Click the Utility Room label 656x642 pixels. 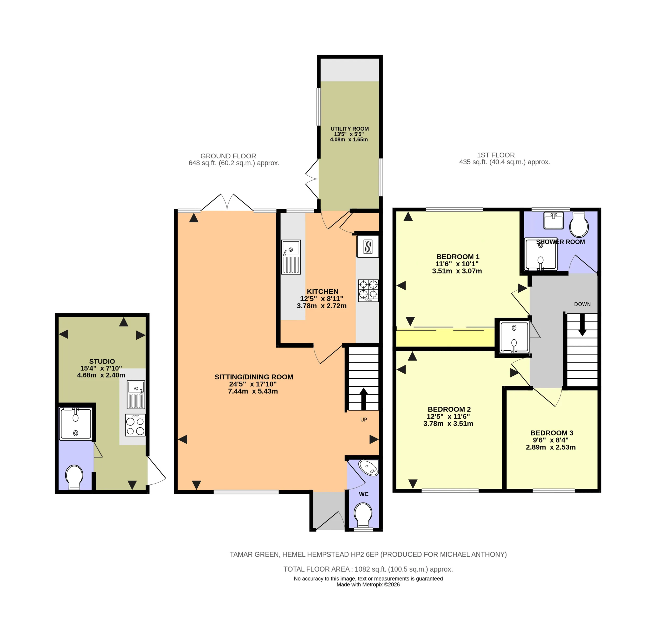click(x=350, y=129)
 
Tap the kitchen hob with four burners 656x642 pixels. click(x=368, y=291)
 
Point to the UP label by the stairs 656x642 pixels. click(x=363, y=420)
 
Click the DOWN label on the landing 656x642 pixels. click(x=582, y=304)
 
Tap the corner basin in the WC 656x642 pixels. click(x=369, y=468)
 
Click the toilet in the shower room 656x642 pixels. click(x=579, y=224)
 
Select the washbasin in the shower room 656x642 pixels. click(x=553, y=220)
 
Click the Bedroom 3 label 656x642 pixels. click(x=551, y=433)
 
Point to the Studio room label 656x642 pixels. click(x=102, y=361)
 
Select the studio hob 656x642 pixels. click(x=135, y=425)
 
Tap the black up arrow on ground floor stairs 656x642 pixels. click(x=363, y=399)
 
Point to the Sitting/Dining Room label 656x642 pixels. click(x=254, y=377)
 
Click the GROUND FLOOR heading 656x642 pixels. click(x=228, y=156)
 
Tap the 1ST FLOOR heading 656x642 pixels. click(x=496, y=155)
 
